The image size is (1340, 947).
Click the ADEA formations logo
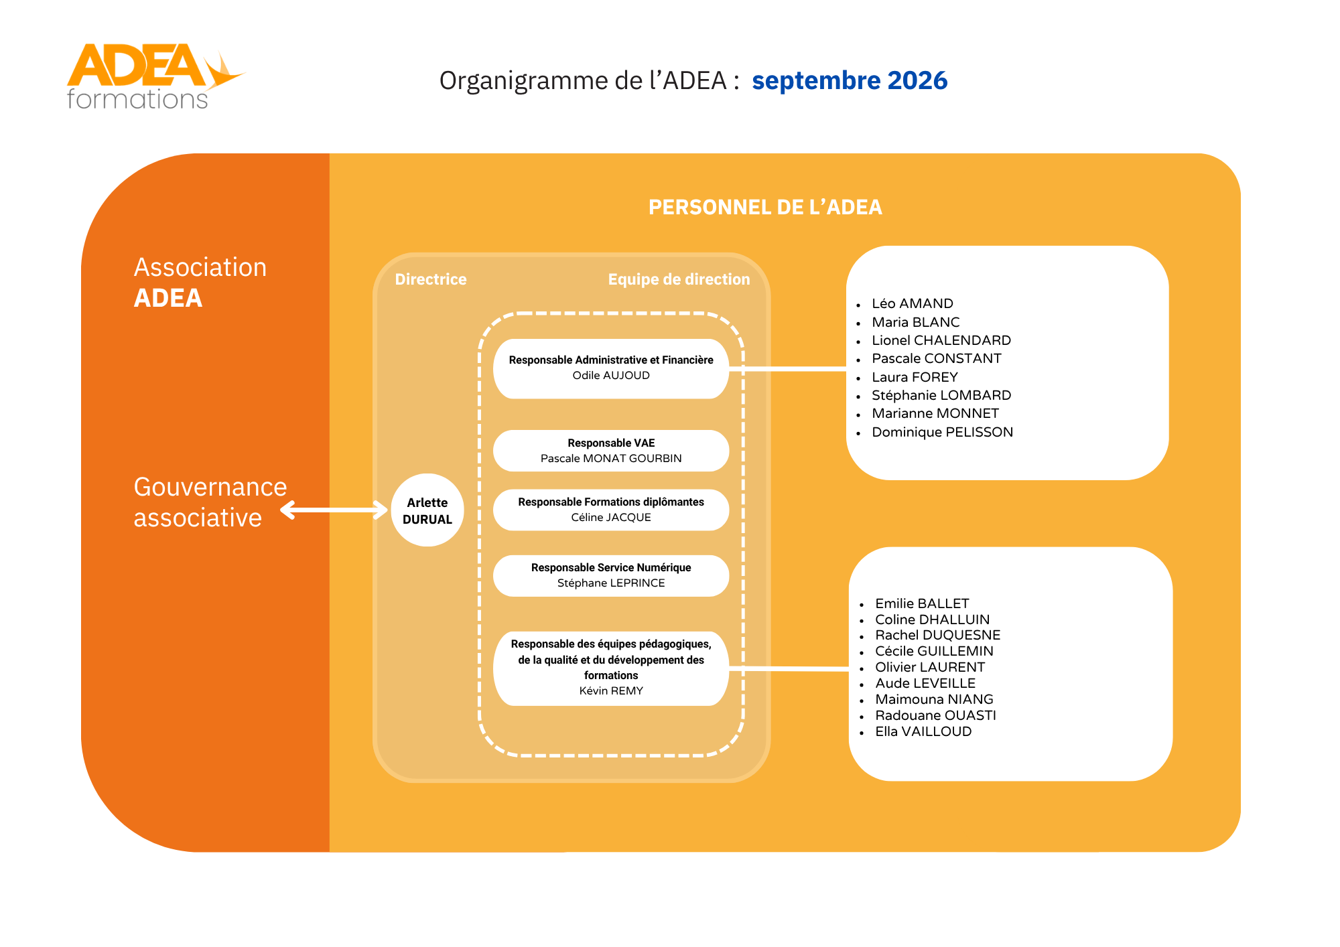pyautogui.click(x=155, y=76)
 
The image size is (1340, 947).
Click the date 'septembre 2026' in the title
pyautogui.click(x=850, y=80)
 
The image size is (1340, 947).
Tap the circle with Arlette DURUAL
pyautogui.click(x=427, y=510)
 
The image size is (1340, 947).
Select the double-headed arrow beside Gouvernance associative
pyautogui.click(x=334, y=510)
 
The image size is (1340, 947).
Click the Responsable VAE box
pyautogui.click(x=611, y=451)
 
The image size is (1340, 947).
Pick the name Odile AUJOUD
pyautogui.click(x=611, y=376)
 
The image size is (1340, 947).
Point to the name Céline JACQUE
pyautogui.click(x=611, y=518)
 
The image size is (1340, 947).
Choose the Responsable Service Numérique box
pyautogui.click(x=611, y=575)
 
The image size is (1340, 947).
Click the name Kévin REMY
pyautogui.click(x=611, y=691)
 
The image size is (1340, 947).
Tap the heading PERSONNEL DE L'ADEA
pyautogui.click(x=765, y=208)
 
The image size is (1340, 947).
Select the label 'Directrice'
pyautogui.click(x=431, y=279)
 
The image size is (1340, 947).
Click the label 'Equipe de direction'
pyautogui.click(x=679, y=279)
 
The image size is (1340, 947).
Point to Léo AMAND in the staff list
pyautogui.click(x=913, y=303)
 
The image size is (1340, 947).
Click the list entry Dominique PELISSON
pyautogui.click(x=942, y=432)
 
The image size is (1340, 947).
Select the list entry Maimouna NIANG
pyautogui.click(x=934, y=699)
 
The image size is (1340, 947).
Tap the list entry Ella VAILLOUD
pyautogui.click(x=923, y=731)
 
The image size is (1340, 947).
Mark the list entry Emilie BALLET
pyautogui.click(x=922, y=603)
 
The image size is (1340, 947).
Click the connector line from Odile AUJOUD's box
pyautogui.click(x=788, y=369)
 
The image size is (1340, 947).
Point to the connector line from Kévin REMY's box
pyautogui.click(x=789, y=669)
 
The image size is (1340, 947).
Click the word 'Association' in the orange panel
pyautogui.click(x=200, y=267)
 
